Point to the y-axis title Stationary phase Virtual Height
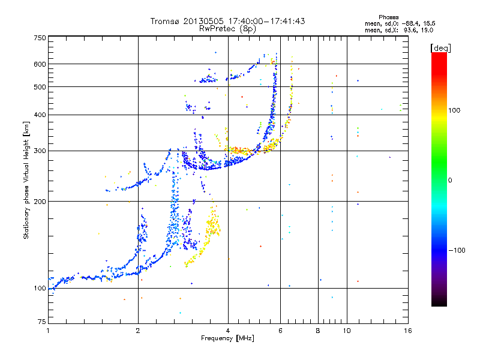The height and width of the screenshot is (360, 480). pyautogui.click(x=26, y=180)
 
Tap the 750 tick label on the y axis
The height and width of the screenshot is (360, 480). pyautogui.click(x=40, y=37)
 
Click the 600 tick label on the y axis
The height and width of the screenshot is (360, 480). pyautogui.click(x=40, y=64)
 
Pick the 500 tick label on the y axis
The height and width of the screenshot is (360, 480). pyautogui.click(x=40, y=86)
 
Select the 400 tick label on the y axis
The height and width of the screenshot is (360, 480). pyautogui.click(x=40, y=115)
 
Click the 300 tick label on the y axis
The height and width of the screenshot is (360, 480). pyautogui.click(x=40, y=151)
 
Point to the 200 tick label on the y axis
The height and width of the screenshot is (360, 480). pyautogui.click(x=40, y=201)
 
